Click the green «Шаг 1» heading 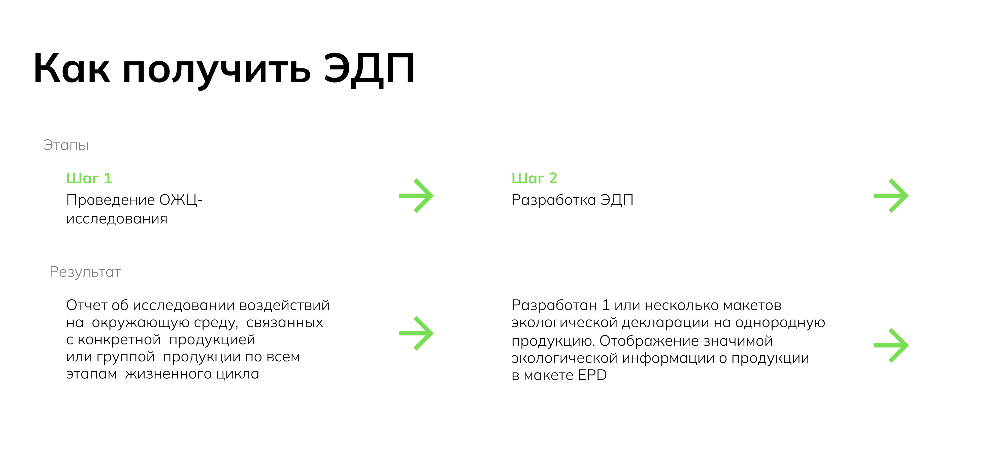(x=89, y=178)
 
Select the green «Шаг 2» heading (x=534, y=178)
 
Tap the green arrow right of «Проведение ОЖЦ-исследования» (x=416, y=196)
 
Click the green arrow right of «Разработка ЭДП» (x=891, y=196)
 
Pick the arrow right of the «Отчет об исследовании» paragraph (x=416, y=333)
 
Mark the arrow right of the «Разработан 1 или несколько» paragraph (x=891, y=345)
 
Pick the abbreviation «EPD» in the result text (x=592, y=375)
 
